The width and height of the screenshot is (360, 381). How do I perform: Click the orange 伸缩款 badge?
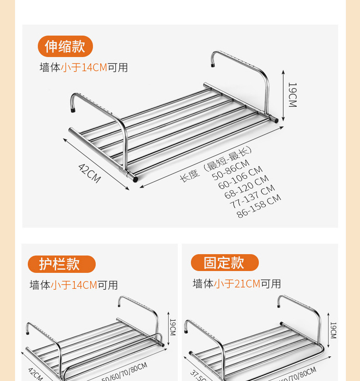point(65,46)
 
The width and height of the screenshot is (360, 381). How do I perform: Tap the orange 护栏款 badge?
point(62,264)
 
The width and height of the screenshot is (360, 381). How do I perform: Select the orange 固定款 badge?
point(224,262)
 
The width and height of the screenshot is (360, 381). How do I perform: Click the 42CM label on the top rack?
point(89,173)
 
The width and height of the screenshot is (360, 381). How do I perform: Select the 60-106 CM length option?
point(240,178)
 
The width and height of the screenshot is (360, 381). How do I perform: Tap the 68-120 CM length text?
point(246,188)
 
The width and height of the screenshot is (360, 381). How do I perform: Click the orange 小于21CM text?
point(237,284)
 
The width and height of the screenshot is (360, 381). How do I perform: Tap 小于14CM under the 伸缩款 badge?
point(84,68)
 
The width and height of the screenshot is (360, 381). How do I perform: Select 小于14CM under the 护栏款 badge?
point(74,285)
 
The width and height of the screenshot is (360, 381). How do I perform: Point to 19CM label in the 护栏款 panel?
point(172,327)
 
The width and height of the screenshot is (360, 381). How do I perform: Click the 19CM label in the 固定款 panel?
point(333,330)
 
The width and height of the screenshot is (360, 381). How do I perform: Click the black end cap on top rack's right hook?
point(213,66)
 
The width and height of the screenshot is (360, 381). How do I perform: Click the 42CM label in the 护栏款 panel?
point(36,374)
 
